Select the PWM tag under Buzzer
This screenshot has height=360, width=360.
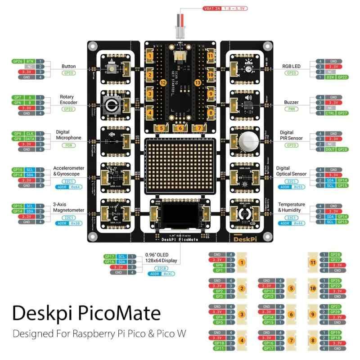(291, 108)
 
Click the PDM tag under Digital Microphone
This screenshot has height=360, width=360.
(69, 145)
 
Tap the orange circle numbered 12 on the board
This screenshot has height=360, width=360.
(163, 82)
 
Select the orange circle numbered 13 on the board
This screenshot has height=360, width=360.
(197, 82)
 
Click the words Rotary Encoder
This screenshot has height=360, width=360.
(69, 99)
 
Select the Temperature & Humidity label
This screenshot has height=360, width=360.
(291, 207)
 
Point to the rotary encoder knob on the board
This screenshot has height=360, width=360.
(111, 106)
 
